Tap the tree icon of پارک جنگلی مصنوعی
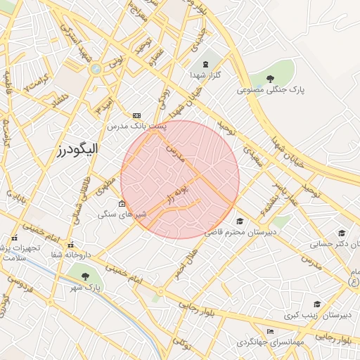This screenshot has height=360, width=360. coord(271,78)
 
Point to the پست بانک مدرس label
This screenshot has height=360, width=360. coord(136,127)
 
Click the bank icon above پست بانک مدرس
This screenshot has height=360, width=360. coord(136,115)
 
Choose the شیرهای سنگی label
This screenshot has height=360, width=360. coord(122,214)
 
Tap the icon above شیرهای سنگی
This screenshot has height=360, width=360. coord(122,203)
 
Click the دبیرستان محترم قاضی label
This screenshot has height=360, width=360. coord(240,231)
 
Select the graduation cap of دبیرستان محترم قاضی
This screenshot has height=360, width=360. coord(240,221)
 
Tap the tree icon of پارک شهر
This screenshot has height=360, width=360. coord(86,276)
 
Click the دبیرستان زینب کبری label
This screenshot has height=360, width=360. coord(317,315)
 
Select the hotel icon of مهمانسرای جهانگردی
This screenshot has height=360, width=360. coord(271,332)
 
